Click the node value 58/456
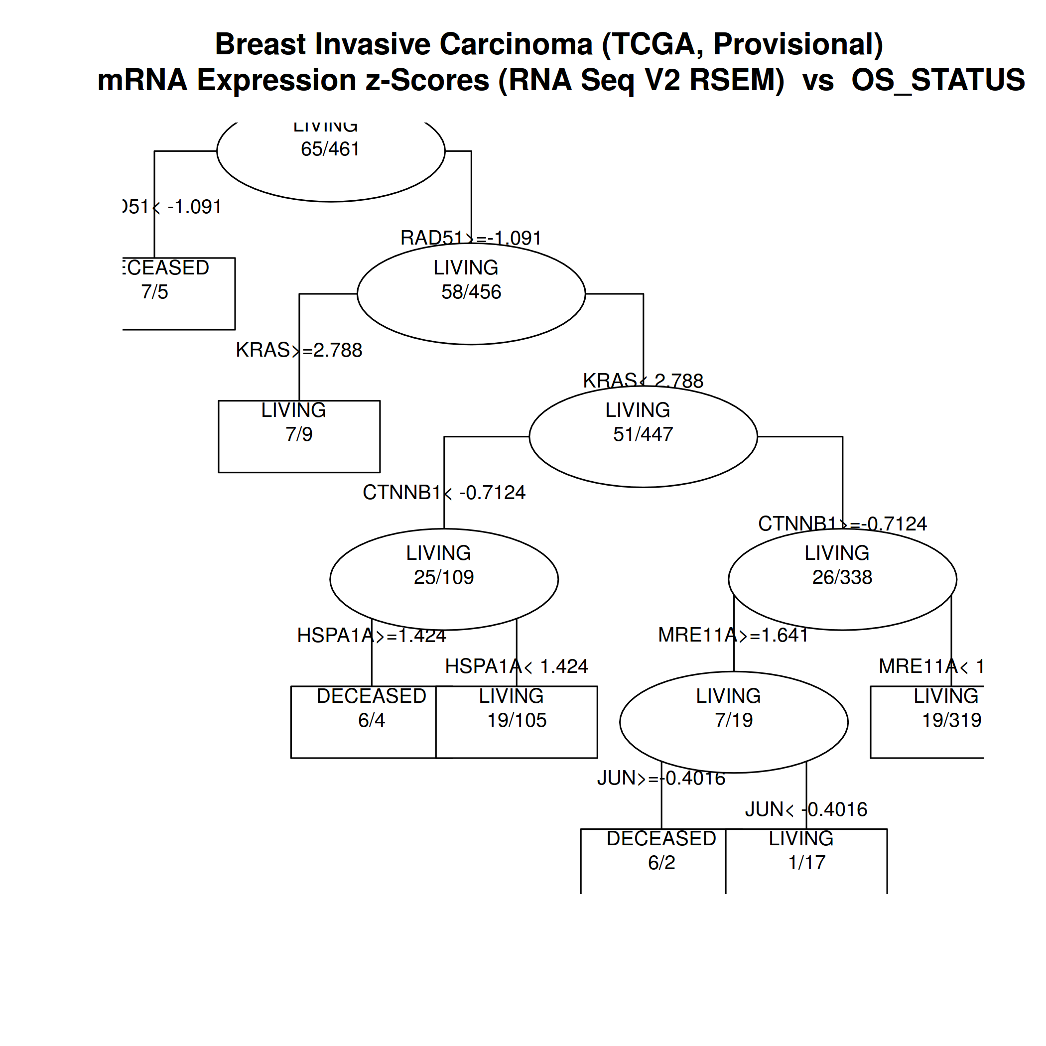[x=471, y=292]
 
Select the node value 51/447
[x=643, y=434]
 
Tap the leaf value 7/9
[x=299, y=434]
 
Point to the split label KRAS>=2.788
[x=299, y=350]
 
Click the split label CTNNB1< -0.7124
[x=444, y=493]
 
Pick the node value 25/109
[x=444, y=577]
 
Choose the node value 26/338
[x=842, y=577]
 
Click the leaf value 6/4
[x=372, y=720]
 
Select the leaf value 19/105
[x=517, y=720]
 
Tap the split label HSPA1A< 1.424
[x=517, y=666]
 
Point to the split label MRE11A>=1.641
[x=733, y=635]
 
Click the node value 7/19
[x=734, y=720]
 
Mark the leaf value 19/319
[x=951, y=720]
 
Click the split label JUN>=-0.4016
[x=661, y=778]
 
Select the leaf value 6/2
[x=661, y=863]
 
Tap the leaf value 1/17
[x=807, y=863]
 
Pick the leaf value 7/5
[x=155, y=292]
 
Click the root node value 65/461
[x=330, y=149]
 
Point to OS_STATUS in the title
[x=938, y=80]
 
